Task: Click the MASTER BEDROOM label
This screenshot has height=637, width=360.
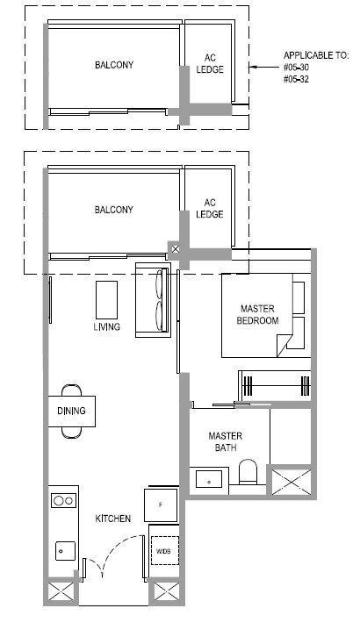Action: pyautogui.click(x=257, y=315)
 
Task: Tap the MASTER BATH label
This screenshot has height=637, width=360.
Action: pyautogui.click(x=225, y=442)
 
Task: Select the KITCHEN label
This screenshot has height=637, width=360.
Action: pyautogui.click(x=113, y=519)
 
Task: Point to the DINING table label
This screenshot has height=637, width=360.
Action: pyautogui.click(x=71, y=411)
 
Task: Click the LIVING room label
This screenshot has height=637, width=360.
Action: pyautogui.click(x=107, y=326)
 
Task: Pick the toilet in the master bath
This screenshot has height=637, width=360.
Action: pyautogui.click(x=248, y=472)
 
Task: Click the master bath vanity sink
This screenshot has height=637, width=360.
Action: pyautogui.click(x=209, y=479)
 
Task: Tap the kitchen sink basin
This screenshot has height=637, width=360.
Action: pyautogui.click(x=66, y=551)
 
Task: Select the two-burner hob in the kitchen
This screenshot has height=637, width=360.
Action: pyautogui.click(x=64, y=500)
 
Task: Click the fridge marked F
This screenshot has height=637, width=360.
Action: pyautogui.click(x=161, y=505)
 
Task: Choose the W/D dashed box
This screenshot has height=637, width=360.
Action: pyautogui.click(x=165, y=550)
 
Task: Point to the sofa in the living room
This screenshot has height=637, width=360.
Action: pyautogui.click(x=153, y=300)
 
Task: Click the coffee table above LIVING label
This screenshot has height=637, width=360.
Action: pyautogui.click(x=107, y=300)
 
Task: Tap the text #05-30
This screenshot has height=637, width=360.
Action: pyautogui.click(x=296, y=68)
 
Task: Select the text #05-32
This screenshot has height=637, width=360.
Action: pyautogui.click(x=296, y=79)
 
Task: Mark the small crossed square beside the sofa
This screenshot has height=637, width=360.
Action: pyautogui.click(x=175, y=249)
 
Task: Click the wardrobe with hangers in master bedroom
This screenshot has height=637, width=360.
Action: pyautogui.click(x=276, y=385)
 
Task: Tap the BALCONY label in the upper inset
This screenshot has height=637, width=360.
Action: pyautogui.click(x=114, y=65)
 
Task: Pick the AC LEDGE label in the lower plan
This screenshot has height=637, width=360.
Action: pyautogui.click(x=210, y=209)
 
